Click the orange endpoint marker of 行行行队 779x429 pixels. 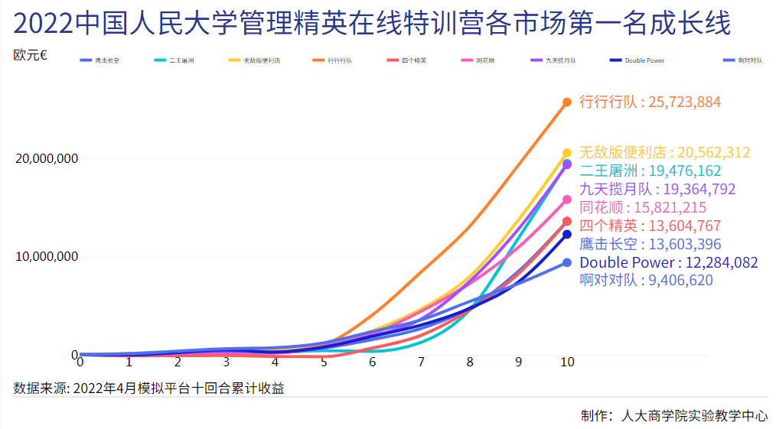(567, 102)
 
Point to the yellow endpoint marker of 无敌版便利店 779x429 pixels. (567, 153)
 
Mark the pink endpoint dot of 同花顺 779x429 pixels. (567, 200)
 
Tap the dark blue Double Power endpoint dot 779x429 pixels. (567, 235)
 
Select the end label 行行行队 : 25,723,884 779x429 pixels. (650, 102)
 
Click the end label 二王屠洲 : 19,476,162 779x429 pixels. (650, 171)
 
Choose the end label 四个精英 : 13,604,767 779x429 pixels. (650, 226)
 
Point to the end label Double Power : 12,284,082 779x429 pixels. (669, 263)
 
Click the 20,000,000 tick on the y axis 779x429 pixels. (47, 159)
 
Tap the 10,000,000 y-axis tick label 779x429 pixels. (47, 257)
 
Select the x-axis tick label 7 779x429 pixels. (421, 362)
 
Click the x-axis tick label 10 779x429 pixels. (566, 362)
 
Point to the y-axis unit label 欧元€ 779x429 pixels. (31, 55)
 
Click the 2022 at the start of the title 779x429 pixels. (45, 24)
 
